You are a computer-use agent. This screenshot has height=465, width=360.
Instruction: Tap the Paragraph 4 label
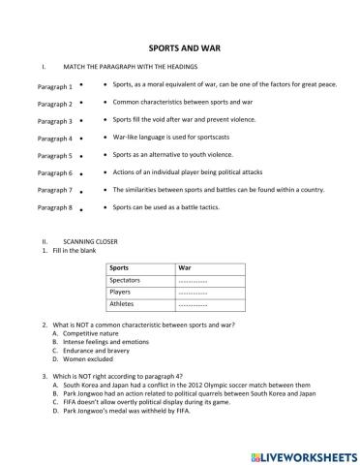pyautogui.click(x=54, y=139)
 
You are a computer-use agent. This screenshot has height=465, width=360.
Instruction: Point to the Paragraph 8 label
pyautogui.click(x=54, y=207)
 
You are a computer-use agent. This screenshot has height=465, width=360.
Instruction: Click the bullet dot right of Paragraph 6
pyautogui.click(x=82, y=172)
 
